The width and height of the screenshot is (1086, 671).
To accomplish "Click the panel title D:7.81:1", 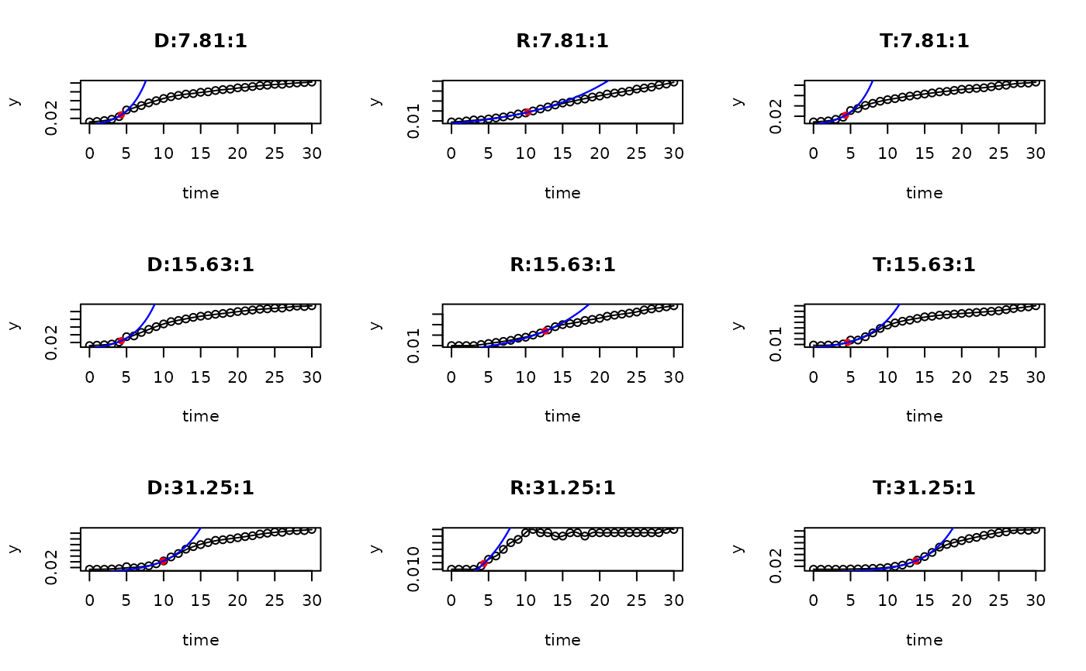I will pos(201,41).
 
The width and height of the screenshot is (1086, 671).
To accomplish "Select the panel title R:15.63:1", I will pos(562,264).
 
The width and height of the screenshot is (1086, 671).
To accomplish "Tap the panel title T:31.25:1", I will pos(924,487).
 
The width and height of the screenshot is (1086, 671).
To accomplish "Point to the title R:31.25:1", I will pos(562,487).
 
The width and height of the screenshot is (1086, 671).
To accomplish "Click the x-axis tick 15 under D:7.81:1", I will pos(201,153).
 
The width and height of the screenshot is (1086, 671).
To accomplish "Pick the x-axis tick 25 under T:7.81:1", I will pos(999,153).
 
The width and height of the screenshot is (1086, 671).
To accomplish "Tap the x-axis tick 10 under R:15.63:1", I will pos(526,377).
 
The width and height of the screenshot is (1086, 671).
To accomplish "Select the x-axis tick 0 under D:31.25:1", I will pos(89,600).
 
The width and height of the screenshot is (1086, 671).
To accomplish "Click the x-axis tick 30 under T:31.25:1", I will pos(1036,600).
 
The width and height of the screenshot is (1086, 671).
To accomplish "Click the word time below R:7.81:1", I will pos(562,193).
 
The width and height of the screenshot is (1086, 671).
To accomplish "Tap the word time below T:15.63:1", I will pos(924,416).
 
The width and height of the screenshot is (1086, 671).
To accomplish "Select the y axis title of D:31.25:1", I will pos(15,549).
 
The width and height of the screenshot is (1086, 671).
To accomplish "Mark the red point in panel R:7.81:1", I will pos(527,112).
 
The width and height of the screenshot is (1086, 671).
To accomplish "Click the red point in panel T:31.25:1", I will pos(917,559).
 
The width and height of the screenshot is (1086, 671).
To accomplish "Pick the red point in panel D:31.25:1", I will pos(163,560).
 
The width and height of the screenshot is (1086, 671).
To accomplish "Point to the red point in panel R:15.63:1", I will pos(546,331).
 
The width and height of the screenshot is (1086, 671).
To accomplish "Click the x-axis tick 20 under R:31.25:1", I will pos(600,600).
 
